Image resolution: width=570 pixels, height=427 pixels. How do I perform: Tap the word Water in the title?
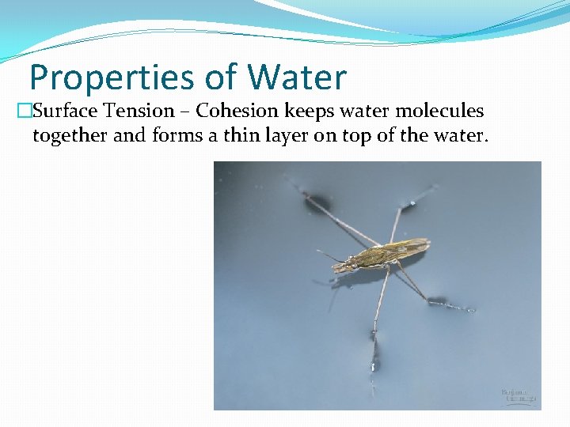pyautogui.click(x=297, y=77)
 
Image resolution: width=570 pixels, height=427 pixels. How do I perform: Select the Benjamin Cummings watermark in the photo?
pyautogui.click(x=519, y=395)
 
